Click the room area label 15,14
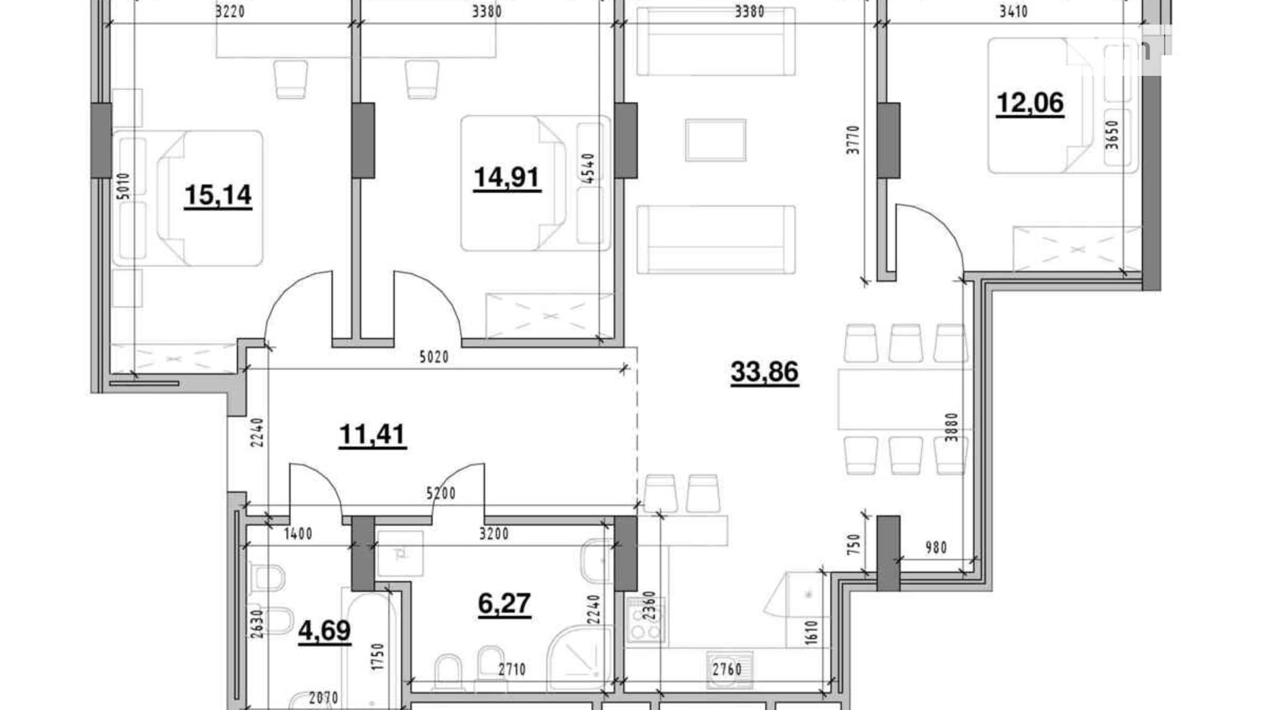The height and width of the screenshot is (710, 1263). (x=218, y=195)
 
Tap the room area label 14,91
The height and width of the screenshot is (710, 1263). (x=507, y=177)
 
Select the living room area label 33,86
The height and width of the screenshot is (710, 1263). (x=764, y=372)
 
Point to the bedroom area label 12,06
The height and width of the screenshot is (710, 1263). (x=1030, y=103)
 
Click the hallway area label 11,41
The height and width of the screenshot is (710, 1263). (x=372, y=434)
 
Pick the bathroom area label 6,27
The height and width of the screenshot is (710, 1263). (x=504, y=603)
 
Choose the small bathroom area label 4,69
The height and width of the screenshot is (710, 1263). (x=324, y=630)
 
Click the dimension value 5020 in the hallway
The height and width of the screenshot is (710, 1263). (x=434, y=357)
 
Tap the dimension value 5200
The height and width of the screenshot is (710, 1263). (x=440, y=493)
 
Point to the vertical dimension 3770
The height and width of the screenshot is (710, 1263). (x=853, y=139)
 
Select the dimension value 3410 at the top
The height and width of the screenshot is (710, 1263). (x=1013, y=12)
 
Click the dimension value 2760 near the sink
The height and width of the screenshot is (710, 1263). (x=727, y=670)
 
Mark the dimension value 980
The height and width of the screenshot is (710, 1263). (x=936, y=548)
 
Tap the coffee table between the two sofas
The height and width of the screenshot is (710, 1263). (x=715, y=140)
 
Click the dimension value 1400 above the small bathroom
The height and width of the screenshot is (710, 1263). (x=298, y=534)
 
